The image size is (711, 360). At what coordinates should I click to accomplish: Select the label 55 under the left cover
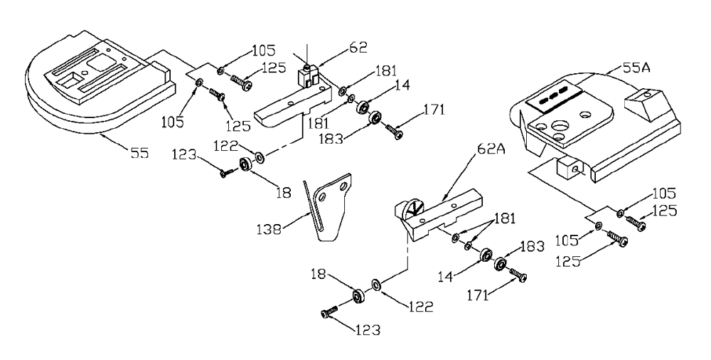(139, 153)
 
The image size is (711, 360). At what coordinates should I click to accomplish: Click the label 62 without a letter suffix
(358, 48)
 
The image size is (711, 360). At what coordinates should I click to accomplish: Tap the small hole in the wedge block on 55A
(648, 94)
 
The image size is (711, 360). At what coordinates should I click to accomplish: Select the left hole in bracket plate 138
(322, 198)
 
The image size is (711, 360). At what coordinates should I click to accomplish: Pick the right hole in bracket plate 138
(343, 186)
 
